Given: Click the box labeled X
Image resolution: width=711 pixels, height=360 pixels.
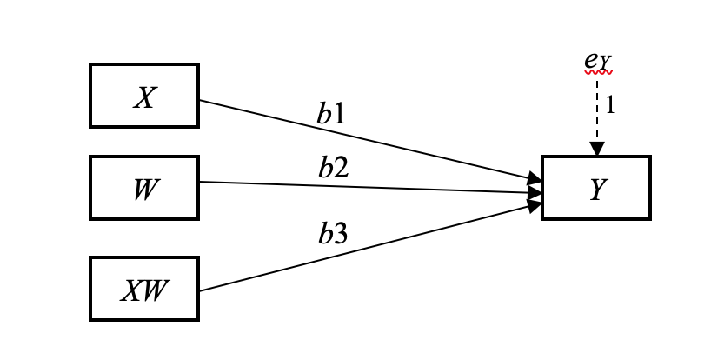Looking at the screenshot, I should click(144, 96).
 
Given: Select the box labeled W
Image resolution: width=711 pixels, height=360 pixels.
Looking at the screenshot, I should click(144, 188).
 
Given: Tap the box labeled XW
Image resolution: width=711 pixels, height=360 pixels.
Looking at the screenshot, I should click(144, 289).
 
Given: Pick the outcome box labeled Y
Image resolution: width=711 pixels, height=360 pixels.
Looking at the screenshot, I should click(595, 188).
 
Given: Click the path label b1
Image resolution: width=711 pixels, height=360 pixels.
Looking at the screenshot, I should click(331, 114).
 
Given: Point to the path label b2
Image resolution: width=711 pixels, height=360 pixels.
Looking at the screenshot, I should click(333, 167).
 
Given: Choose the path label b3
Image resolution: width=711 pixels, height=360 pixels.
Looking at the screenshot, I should click(332, 233).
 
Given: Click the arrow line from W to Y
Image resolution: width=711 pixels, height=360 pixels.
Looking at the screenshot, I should click(365, 187).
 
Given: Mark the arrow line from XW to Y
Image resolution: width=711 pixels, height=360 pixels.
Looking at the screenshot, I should click(365, 249).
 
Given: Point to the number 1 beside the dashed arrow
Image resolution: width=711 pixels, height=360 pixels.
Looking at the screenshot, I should click(610, 105).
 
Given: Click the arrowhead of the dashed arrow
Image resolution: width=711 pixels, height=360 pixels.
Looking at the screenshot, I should click(596, 150).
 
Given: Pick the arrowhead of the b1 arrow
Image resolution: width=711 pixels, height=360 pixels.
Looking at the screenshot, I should click(535, 180).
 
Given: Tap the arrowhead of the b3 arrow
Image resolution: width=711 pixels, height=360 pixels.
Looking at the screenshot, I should click(535, 205).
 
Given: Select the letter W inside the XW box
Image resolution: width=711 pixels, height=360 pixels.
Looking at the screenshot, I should click(153, 289).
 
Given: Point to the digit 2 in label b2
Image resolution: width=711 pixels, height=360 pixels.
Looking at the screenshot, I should click(341, 167).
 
